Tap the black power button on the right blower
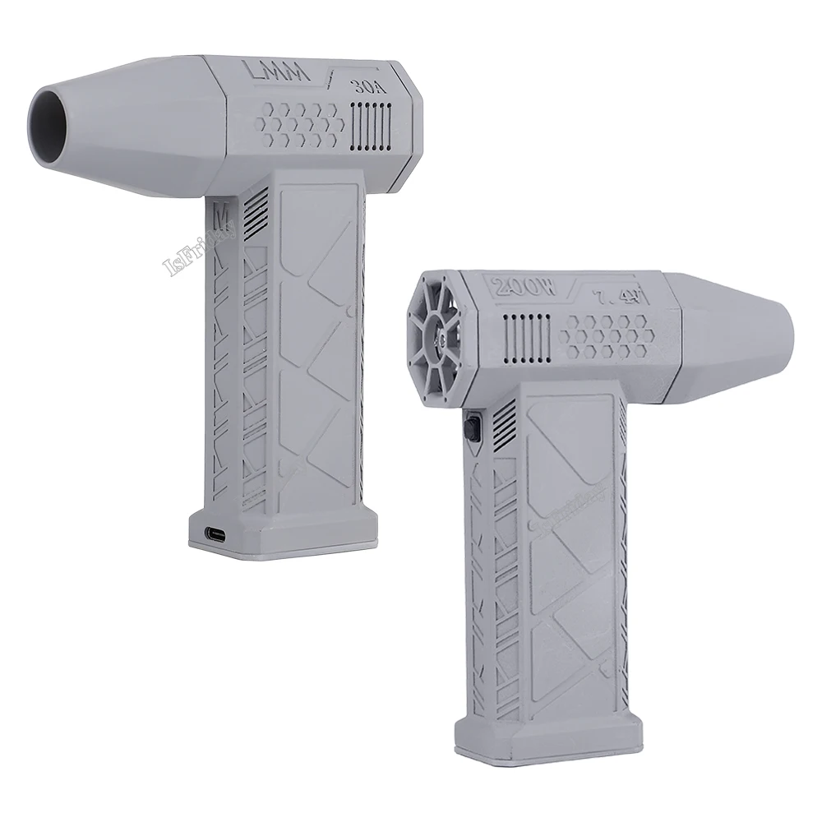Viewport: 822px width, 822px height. [x=471, y=428]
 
